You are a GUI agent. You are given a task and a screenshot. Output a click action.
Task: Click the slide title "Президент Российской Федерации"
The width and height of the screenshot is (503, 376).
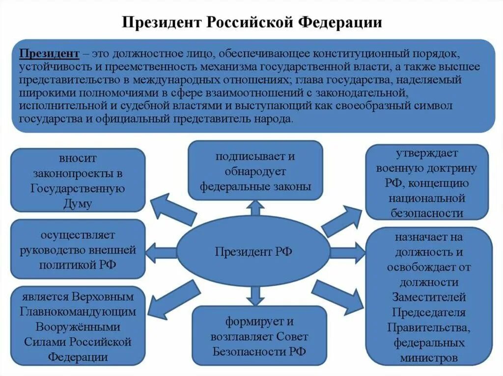[x=251, y=23]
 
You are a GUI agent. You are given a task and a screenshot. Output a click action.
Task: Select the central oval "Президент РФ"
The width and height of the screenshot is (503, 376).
[x=253, y=251]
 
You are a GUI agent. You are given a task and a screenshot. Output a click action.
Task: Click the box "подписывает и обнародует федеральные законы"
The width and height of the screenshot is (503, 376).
[x=255, y=171]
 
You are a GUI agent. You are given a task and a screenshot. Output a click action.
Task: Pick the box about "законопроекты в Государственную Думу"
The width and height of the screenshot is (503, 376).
[x=78, y=180]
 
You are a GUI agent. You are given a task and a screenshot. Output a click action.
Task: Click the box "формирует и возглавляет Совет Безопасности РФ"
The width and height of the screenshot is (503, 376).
[x=259, y=336]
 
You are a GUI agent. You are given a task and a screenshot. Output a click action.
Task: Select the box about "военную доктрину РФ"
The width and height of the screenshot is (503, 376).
[x=426, y=182]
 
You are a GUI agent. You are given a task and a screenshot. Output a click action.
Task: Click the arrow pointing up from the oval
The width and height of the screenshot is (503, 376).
[x=255, y=208]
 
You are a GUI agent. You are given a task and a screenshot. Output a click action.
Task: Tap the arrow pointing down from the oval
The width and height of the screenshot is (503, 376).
[x=255, y=296]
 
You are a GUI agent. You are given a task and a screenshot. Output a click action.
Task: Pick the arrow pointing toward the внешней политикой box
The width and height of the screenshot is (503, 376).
[x=162, y=252]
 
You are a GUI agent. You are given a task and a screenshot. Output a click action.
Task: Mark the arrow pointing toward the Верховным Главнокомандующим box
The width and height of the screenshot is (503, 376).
[x=173, y=298]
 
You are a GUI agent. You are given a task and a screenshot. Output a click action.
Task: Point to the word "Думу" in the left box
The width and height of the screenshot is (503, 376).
[x=78, y=203]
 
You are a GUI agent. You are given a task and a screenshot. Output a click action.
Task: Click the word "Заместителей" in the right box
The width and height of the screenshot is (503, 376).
[x=429, y=297]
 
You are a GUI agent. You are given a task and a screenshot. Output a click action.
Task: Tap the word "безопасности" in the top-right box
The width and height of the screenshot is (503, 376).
[x=427, y=213]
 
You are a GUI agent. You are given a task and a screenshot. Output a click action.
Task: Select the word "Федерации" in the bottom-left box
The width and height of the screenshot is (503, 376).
[x=78, y=356]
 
